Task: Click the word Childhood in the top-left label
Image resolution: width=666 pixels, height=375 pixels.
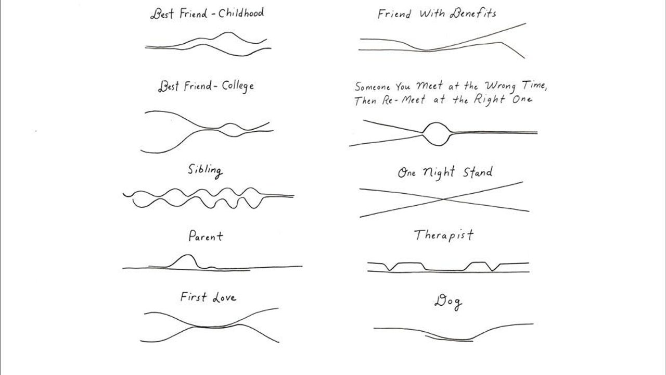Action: click(241, 13)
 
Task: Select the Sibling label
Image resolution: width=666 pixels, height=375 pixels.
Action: click(205, 170)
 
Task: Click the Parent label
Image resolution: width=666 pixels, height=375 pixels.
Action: click(206, 236)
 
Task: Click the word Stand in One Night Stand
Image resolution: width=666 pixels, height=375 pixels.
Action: click(475, 172)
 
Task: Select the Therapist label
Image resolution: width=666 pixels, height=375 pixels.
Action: click(444, 235)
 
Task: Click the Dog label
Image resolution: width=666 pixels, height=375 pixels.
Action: click(448, 302)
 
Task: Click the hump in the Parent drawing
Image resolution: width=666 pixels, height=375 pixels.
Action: click(186, 259)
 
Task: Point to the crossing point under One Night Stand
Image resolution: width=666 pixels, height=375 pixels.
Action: click(443, 199)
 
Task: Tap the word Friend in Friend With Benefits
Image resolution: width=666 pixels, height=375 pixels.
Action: click(394, 14)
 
